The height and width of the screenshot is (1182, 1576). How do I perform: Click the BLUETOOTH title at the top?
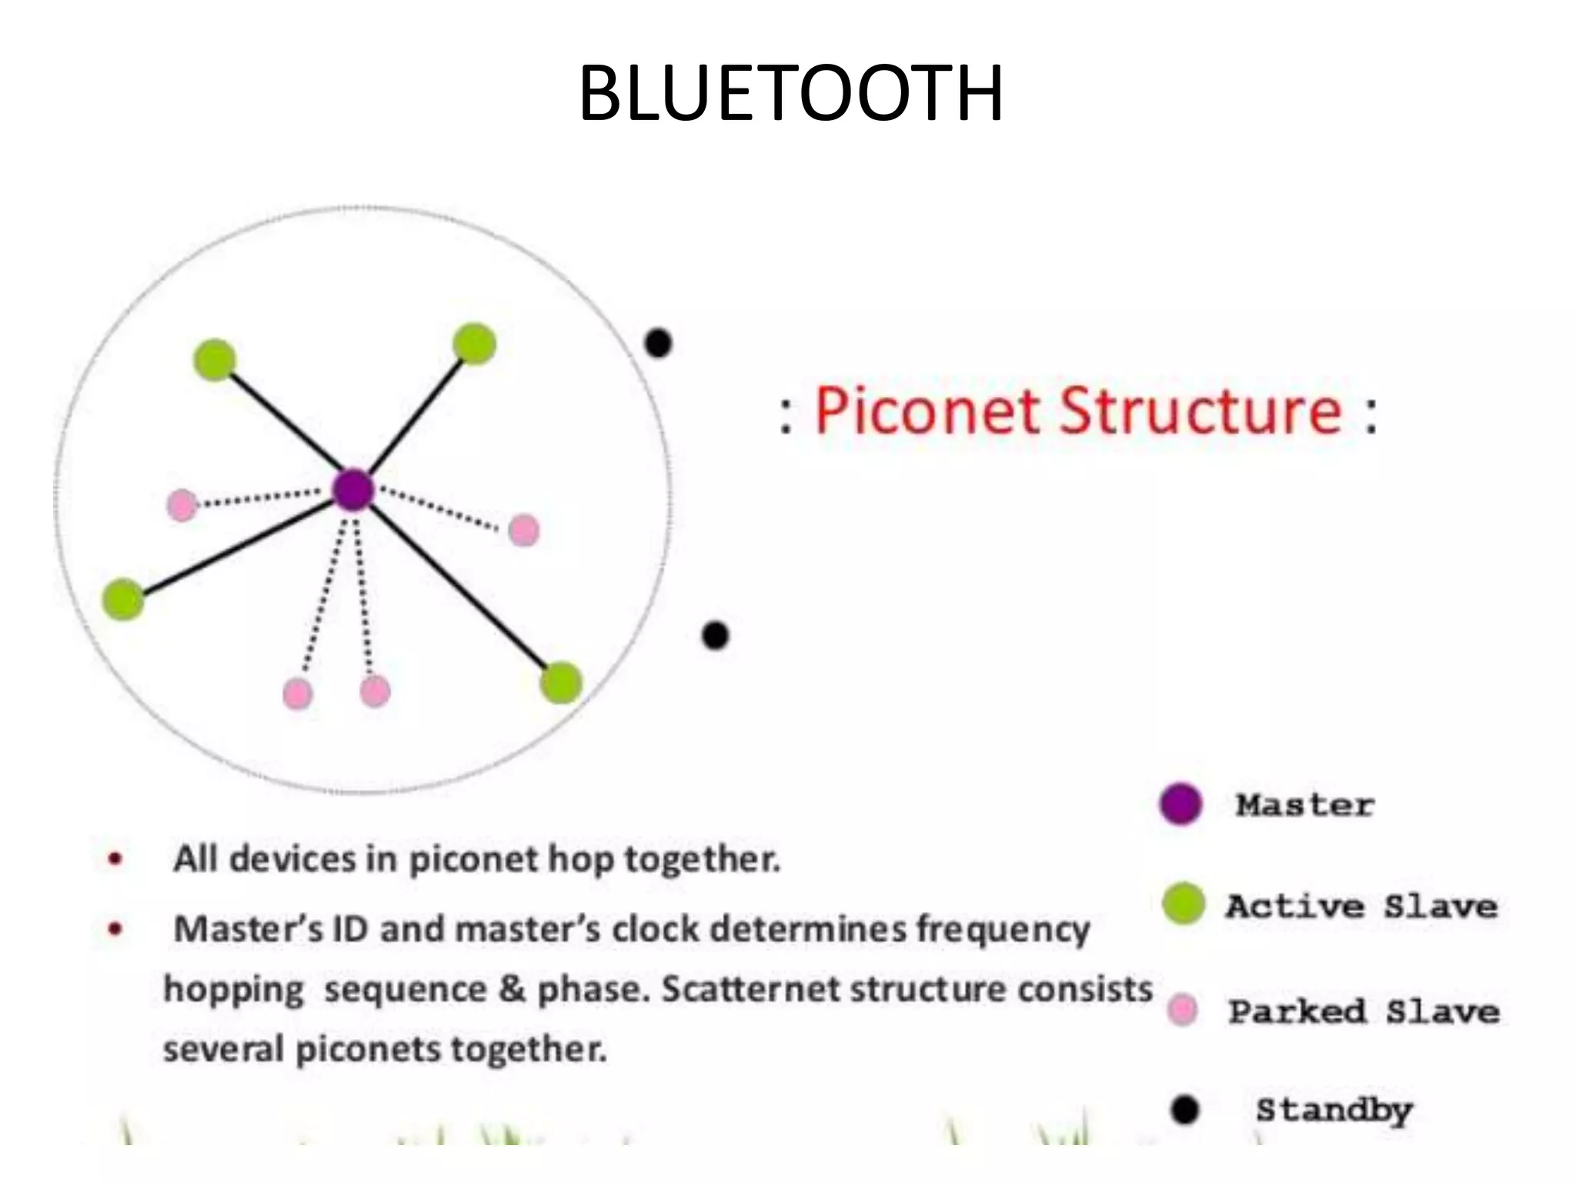(790, 93)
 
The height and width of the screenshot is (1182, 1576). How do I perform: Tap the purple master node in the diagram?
(353, 490)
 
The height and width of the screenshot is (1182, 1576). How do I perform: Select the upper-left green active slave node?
(215, 359)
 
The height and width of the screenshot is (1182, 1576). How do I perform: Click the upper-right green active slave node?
(474, 343)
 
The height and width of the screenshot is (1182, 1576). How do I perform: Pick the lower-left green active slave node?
(123, 599)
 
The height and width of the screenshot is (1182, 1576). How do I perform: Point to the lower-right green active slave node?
(561, 683)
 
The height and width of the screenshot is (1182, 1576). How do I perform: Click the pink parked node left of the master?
(182, 506)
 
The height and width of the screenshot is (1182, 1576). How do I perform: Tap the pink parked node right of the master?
(524, 530)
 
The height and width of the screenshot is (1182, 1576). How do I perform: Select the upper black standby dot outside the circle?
(658, 343)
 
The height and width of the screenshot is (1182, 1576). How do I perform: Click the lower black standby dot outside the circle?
(715, 636)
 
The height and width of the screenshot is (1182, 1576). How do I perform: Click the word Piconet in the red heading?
(927, 412)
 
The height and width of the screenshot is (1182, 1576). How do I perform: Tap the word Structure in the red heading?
(1200, 412)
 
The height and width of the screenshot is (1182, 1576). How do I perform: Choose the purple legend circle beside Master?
(1180, 804)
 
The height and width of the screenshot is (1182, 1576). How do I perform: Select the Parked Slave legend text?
(1364, 1011)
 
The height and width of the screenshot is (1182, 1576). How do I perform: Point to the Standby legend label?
(1334, 1110)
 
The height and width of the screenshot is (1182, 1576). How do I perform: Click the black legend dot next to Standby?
(1185, 1110)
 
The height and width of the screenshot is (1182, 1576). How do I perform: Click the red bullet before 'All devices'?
(115, 859)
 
